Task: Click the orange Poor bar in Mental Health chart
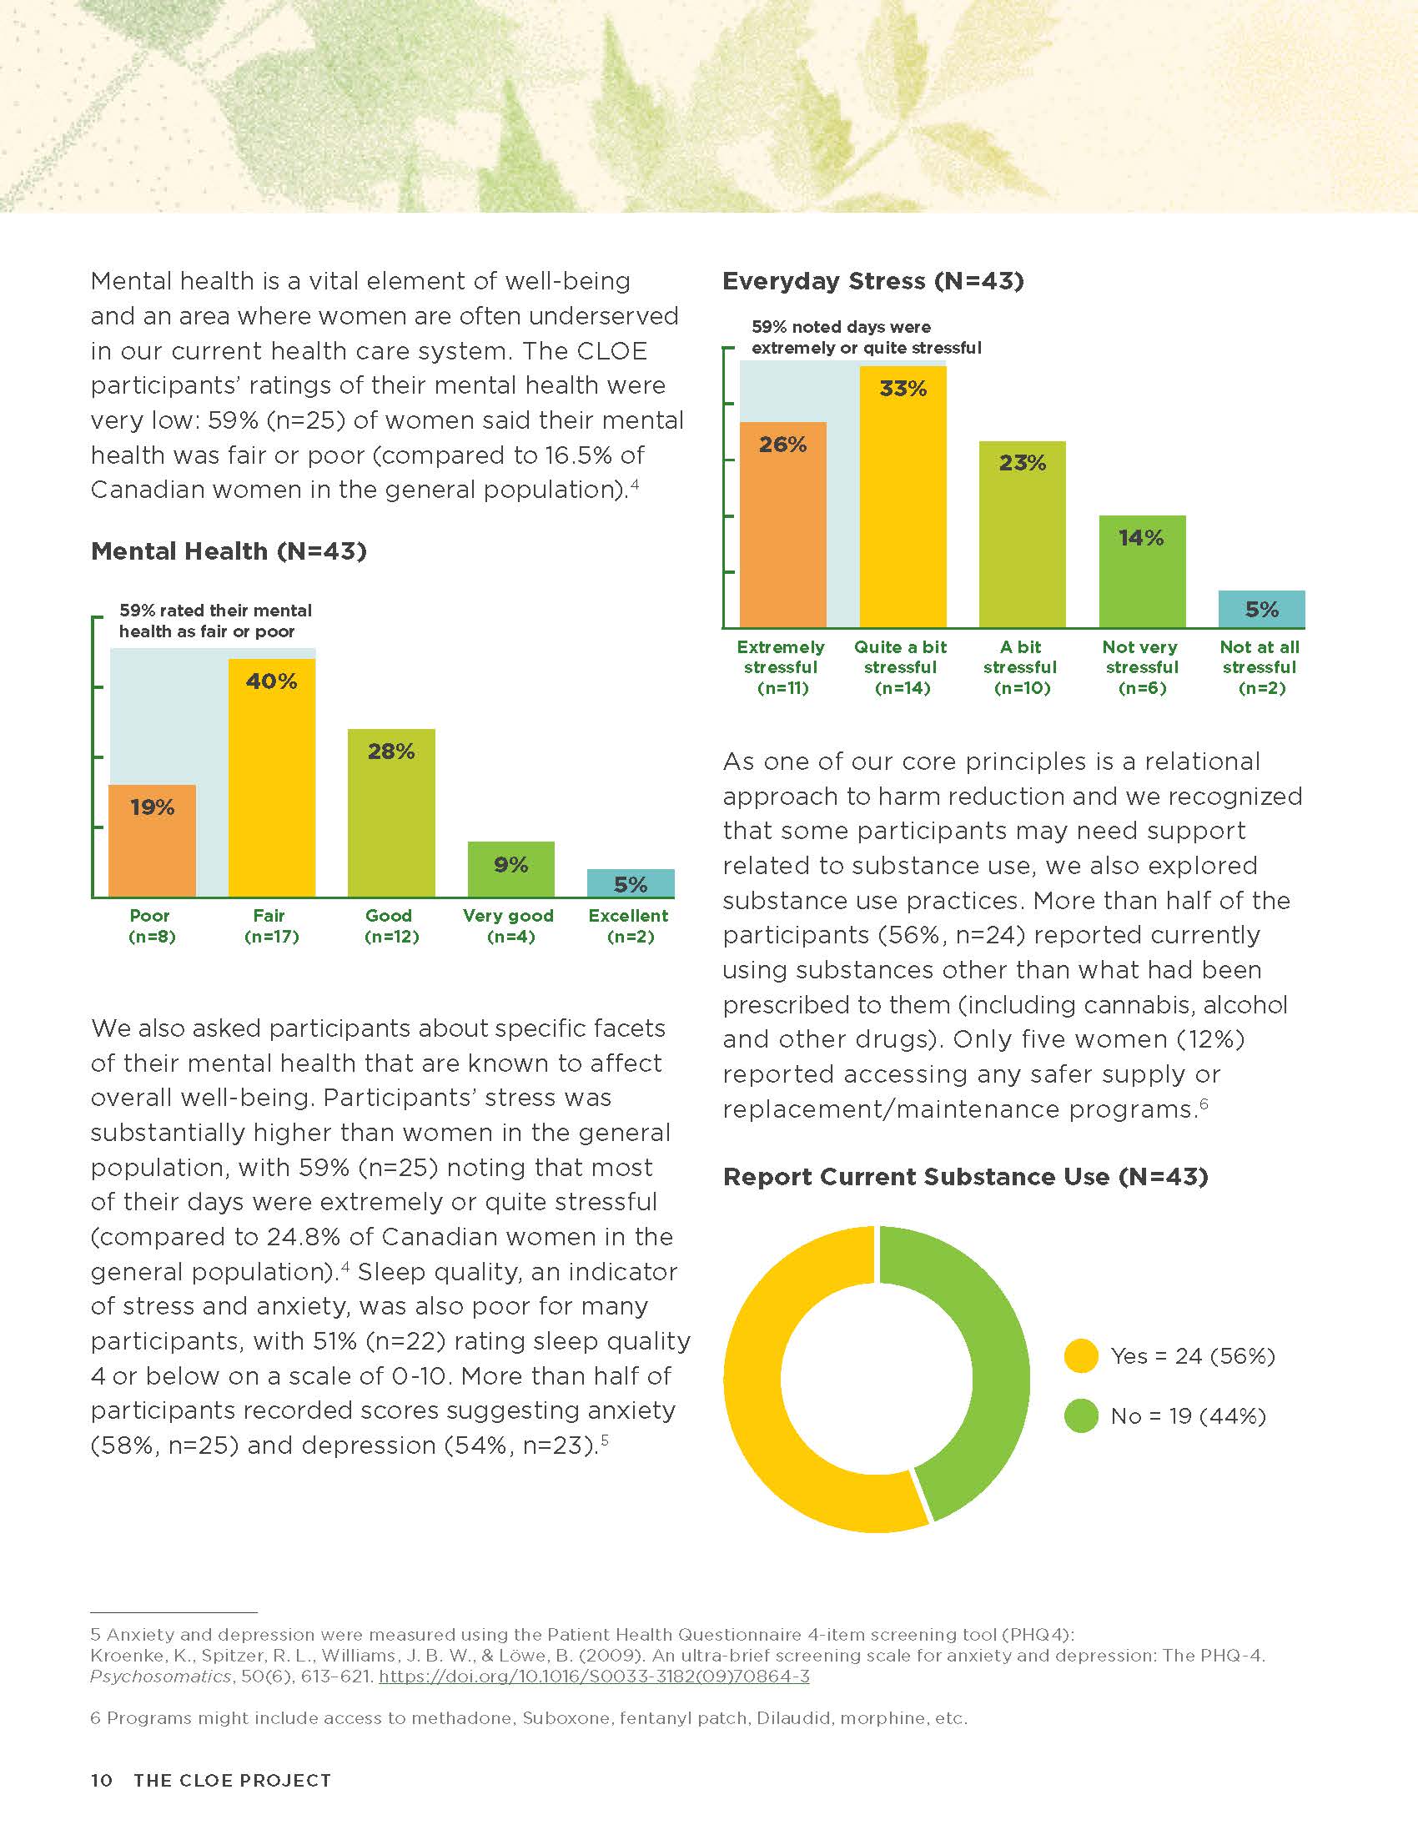(x=152, y=841)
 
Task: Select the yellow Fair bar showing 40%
(x=272, y=778)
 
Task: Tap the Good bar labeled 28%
(x=391, y=813)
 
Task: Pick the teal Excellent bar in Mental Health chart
(x=631, y=883)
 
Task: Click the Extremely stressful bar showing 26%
(x=783, y=525)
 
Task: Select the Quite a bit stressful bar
(x=903, y=496)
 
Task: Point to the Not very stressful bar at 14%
(x=1143, y=571)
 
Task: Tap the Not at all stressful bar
(x=1262, y=609)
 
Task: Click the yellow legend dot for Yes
(x=1081, y=1355)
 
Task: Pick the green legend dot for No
(x=1081, y=1415)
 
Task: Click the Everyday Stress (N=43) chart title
(x=872, y=280)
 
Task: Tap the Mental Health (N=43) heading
(x=229, y=551)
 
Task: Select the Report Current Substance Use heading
(x=965, y=1176)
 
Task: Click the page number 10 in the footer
(x=102, y=1781)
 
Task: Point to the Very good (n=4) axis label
(x=508, y=926)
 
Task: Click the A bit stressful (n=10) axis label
(x=1021, y=667)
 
